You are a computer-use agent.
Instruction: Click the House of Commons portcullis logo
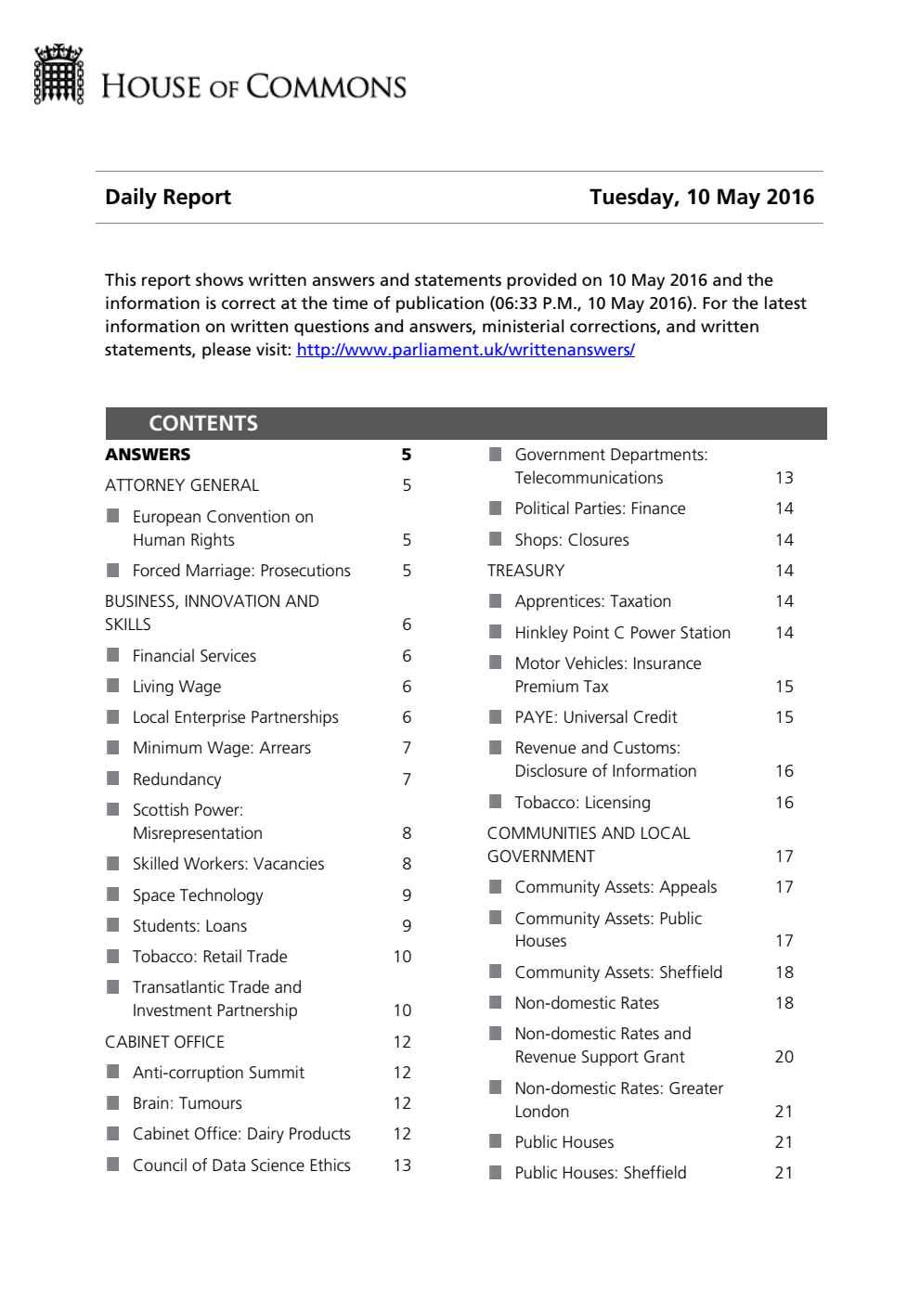[x=58, y=74]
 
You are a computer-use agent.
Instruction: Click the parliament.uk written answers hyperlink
[x=465, y=350]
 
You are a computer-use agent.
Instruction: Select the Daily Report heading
[x=168, y=197]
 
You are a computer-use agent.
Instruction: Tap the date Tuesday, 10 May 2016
[x=701, y=197]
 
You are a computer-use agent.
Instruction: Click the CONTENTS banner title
[x=203, y=423]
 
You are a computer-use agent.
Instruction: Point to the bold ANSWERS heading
[x=148, y=455]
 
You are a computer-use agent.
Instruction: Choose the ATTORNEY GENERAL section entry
[x=182, y=485]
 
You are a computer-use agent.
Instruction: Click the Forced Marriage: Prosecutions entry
[x=241, y=571]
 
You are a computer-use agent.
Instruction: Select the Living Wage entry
[x=176, y=687]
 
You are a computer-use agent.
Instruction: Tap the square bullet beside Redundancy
[x=113, y=779]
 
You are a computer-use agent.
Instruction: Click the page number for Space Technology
[x=407, y=895]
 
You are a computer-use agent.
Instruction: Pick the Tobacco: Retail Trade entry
[x=210, y=957]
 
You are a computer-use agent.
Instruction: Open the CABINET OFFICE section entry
[x=164, y=1042]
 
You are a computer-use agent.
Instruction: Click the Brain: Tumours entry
[x=187, y=1103]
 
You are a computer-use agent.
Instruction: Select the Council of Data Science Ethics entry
[x=241, y=1165]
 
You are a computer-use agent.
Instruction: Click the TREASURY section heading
[x=525, y=571]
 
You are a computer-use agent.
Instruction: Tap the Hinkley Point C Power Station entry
[x=622, y=633]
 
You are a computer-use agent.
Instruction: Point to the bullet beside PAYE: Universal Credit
[x=496, y=716]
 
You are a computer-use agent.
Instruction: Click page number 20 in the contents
[x=784, y=1057]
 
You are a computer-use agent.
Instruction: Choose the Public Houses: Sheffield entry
[x=601, y=1173]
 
